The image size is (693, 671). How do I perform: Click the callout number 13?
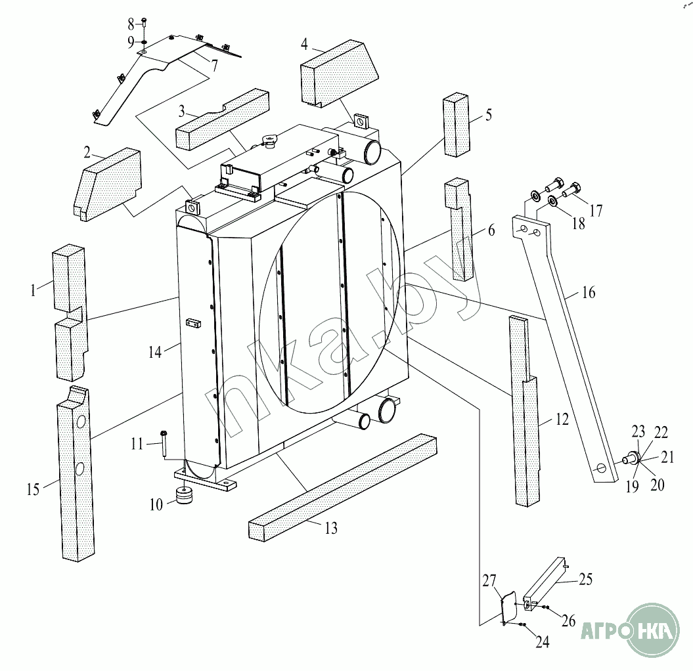[x=330, y=528]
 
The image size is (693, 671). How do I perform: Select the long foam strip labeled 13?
[x=343, y=487]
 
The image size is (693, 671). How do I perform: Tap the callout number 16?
[x=589, y=292]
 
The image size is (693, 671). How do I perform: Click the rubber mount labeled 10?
[x=185, y=495]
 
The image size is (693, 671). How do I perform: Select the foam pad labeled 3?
[x=222, y=119]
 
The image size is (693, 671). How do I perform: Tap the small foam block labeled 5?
[x=456, y=125]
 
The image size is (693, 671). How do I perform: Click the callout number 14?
[x=154, y=352]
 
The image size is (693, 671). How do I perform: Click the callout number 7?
[x=214, y=66]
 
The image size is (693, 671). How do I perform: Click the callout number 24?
[x=543, y=642]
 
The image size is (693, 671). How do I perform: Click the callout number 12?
[x=561, y=419]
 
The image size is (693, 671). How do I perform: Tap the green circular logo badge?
[x=653, y=630]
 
